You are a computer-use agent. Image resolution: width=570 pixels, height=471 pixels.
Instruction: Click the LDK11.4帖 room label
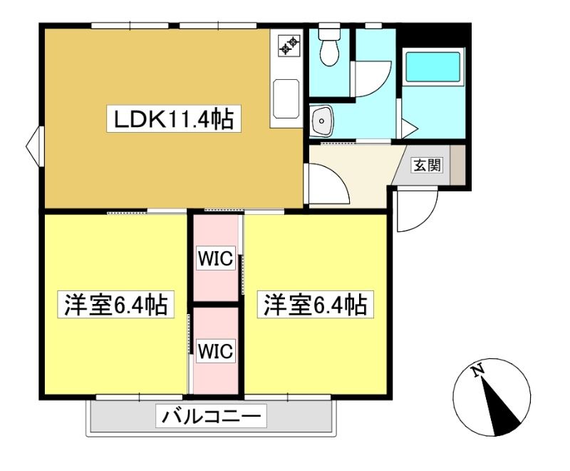point(174,119)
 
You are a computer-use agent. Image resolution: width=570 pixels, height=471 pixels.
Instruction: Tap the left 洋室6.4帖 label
point(116,304)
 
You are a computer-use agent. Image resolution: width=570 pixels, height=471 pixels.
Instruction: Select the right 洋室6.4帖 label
point(316,304)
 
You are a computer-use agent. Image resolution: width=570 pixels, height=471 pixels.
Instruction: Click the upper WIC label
point(215,258)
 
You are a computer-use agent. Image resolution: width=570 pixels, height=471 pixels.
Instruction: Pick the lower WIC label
point(215,352)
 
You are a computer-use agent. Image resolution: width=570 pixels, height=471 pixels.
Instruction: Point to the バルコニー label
point(211,415)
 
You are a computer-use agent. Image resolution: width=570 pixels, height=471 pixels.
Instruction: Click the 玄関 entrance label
point(427,166)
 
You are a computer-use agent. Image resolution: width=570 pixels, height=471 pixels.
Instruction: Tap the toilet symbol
point(329,46)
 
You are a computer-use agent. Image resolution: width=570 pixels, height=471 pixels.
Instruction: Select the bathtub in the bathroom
point(432,67)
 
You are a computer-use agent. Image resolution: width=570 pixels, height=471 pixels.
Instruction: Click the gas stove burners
point(289,45)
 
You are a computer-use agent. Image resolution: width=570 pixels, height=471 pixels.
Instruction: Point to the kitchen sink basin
point(286,98)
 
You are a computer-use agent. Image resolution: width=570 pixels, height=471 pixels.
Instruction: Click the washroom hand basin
point(321,121)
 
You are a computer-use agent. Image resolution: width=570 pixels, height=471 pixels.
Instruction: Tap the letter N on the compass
point(477,370)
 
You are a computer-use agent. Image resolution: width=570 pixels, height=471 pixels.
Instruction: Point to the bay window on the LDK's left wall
point(34,146)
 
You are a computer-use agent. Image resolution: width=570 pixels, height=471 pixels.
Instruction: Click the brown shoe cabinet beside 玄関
point(457,165)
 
